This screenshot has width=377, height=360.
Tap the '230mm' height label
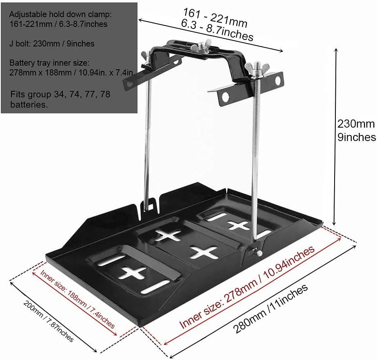click(355, 124)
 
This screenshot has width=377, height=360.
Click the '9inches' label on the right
click(356, 137)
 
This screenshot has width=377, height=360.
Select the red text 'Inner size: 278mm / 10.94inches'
click(247, 287)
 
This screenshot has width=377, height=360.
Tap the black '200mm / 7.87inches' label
click(49, 322)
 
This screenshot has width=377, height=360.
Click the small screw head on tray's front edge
click(259, 254)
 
